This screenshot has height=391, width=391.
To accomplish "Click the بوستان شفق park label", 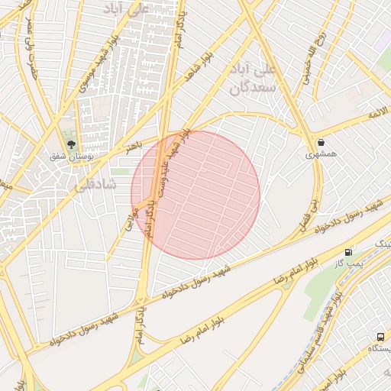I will point(70,157).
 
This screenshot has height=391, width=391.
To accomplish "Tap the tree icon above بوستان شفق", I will point(71,143).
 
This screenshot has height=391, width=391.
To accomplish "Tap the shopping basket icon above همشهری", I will point(321,142).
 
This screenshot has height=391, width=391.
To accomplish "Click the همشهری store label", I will point(322,154).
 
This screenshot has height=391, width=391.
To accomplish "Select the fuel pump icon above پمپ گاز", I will point(348,251).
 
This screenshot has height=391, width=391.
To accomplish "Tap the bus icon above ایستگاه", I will point(380,336).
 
